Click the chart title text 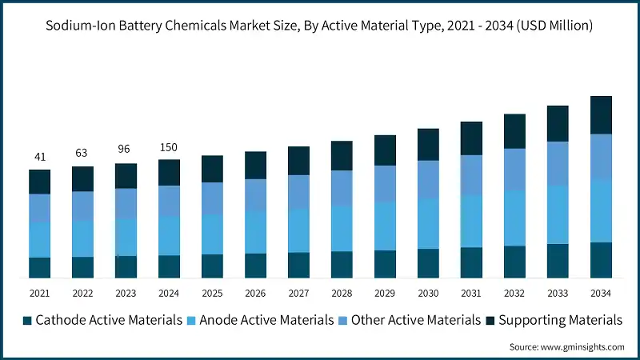[x=319, y=26]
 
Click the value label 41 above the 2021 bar [x=40, y=157]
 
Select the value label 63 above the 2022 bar [x=82, y=153]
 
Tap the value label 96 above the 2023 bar [x=126, y=149]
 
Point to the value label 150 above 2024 [x=169, y=147]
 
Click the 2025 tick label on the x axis [x=212, y=294]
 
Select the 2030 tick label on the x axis [x=428, y=294]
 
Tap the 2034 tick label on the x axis [x=601, y=294]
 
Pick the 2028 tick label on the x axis [x=342, y=294]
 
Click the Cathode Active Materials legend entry [x=103, y=320]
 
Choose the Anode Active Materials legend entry [x=260, y=320]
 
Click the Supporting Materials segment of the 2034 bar [x=601, y=115]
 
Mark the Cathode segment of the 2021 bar [x=40, y=267]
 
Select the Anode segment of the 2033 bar [x=558, y=214]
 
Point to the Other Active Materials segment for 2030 [x=428, y=179]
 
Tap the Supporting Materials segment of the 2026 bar [x=255, y=165]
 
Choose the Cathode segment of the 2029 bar [x=385, y=264]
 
